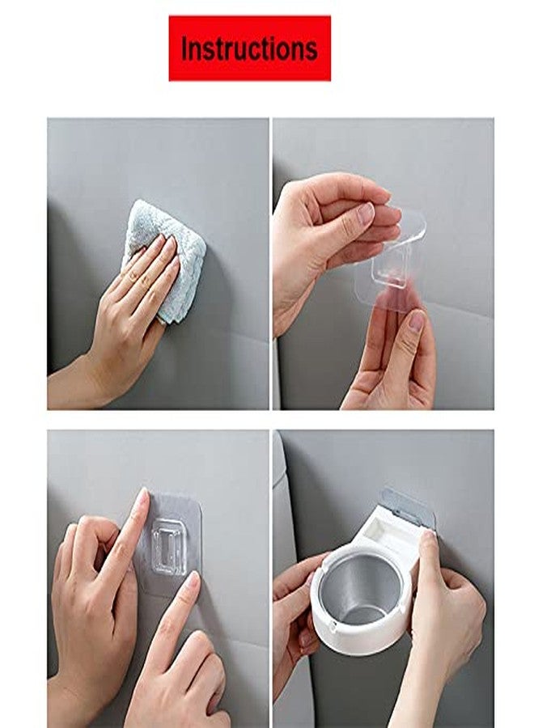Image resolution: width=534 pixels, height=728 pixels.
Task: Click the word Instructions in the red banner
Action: point(249,49)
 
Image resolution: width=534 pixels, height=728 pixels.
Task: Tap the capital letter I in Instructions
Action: point(184,49)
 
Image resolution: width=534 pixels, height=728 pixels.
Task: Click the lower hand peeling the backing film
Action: point(396,356)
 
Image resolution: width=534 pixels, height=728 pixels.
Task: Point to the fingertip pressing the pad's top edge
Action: point(142,497)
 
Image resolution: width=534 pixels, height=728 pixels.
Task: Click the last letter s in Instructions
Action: point(311,50)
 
